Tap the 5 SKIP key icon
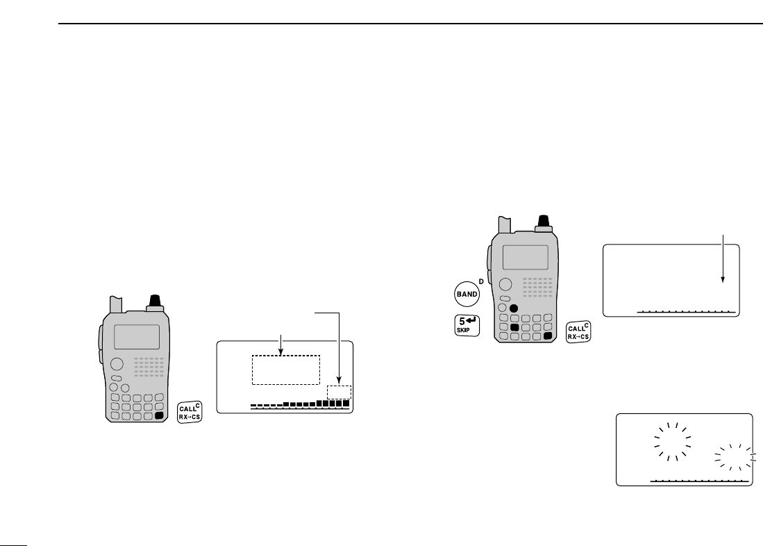coord(467,324)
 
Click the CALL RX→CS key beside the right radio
coord(578,332)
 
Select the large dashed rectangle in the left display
coord(285,370)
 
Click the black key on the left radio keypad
coord(160,415)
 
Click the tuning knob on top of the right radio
coord(543,222)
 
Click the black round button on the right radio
coord(514,308)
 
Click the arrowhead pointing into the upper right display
coord(723,280)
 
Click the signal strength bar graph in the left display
coord(300,404)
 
